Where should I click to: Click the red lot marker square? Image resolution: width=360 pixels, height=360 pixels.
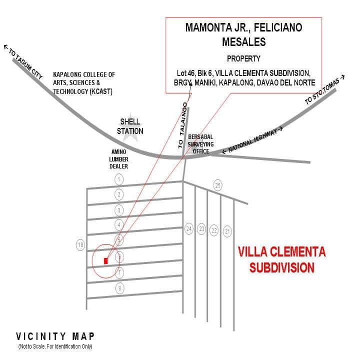click(105, 260)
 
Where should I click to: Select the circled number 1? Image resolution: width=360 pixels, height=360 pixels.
click(119, 179)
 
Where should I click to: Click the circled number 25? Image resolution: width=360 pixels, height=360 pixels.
click(217, 185)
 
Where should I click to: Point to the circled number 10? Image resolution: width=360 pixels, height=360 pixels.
click(80, 244)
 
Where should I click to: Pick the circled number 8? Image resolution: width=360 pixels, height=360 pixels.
click(119, 288)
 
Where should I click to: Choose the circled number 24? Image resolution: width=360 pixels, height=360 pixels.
click(189, 229)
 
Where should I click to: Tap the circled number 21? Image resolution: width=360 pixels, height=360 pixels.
click(227, 230)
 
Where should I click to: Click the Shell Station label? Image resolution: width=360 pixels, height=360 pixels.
click(130, 126)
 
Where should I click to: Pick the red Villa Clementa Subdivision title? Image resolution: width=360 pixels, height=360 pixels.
click(281, 259)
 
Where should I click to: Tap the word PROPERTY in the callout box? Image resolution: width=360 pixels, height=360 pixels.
click(243, 58)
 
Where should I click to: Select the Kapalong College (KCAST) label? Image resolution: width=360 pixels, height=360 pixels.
click(84, 83)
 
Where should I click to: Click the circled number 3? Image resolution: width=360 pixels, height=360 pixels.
click(119, 209)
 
